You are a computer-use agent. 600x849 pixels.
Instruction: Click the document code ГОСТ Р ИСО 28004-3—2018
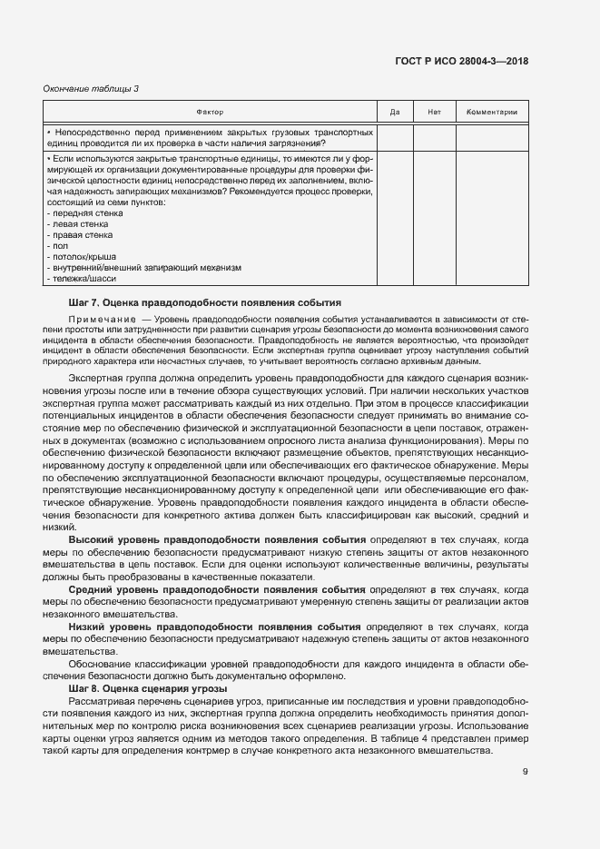point(461,62)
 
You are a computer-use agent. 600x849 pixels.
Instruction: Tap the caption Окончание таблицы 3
point(92,88)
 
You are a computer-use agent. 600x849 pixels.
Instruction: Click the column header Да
point(395,112)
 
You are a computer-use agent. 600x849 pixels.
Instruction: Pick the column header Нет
point(433,112)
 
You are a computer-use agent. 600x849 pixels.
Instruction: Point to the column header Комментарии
point(491,112)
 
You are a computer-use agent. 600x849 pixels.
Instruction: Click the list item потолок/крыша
point(79,256)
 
